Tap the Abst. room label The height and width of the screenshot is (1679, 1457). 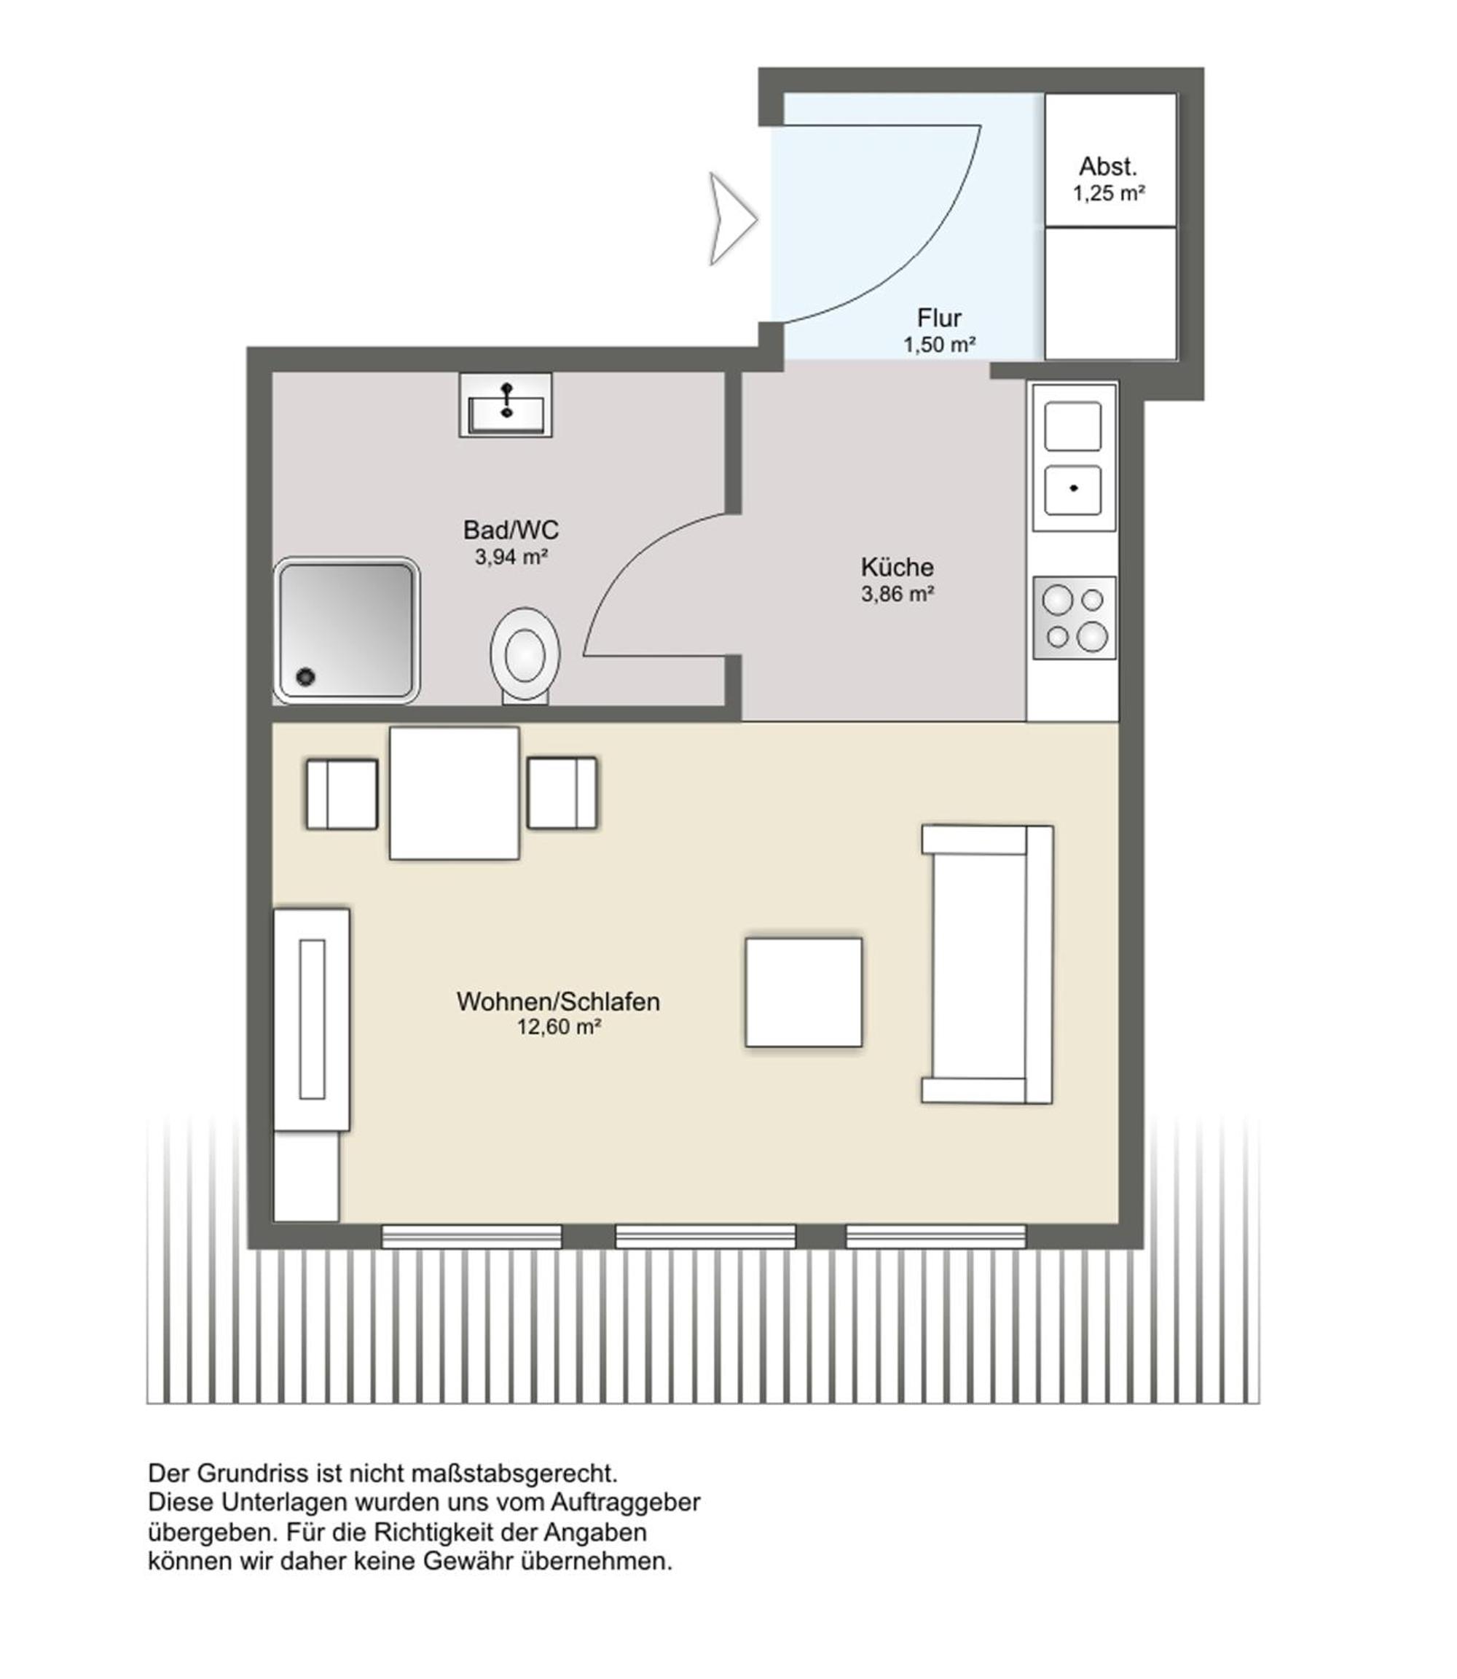(x=1107, y=167)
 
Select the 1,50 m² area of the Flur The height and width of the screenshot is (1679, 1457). (x=939, y=345)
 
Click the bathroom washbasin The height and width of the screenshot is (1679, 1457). (x=506, y=404)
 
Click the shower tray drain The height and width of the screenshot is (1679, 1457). (x=306, y=676)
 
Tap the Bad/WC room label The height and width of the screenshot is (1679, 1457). (x=511, y=531)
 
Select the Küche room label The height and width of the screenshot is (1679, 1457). (x=897, y=567)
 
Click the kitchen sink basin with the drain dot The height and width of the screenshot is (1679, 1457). (x=1072, y=490)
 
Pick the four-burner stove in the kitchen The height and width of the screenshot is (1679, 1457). (x=1074, y=617)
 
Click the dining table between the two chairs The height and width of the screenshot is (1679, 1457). (x=454, y=792)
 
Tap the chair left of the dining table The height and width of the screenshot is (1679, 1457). (x=342, y=794)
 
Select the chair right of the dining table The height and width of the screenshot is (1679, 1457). (x=562, y=793)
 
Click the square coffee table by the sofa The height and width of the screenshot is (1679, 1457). (x=804, y=992)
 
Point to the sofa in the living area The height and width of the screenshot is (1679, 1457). (x=987, y=964)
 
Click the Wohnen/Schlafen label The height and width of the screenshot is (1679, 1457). (x=558, y=1001)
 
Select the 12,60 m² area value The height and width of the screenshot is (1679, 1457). (x=559, y=1028)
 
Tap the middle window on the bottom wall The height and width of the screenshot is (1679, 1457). (x=705, y=1237)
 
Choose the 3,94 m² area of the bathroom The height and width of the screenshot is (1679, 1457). (x=511, y=557)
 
